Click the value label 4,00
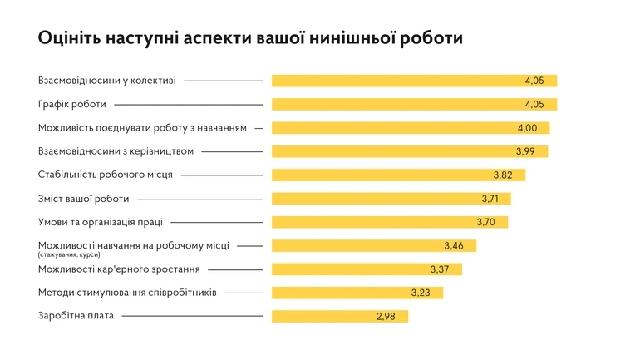pyautogui.click(x=528, y=128)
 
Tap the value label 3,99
pyautogui.click(x=526, y=151)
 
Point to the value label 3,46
pyautogui.click(x=454, y=246)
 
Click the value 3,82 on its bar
pyautogui.click(x=504, y=175)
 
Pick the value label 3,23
pyautogui.click(x=421, y=293)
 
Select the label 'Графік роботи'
pyautogui.click(x=72, y=105)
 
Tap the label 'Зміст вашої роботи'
pyautogui.click(x=85, y=199)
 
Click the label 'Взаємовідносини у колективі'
pyautogui.click(x=107, y=81)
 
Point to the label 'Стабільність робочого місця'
pyautogui.click(x=106, y=175)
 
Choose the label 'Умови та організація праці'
pyautogui.click(x=101, y=222)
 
